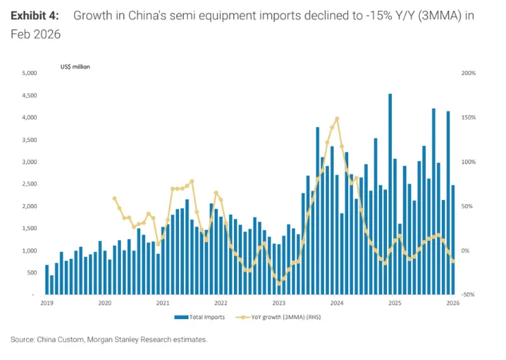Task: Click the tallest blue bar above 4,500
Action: click(390, 194)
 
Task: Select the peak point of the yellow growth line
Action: click(337, 119)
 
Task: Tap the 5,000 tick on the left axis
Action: click(29, 73)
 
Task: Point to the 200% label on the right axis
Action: click(468, 73)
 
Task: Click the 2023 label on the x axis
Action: click(279, 303)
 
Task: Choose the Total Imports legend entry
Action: click(200, 317)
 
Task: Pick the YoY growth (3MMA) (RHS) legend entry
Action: click(278, 317)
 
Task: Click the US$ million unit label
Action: click(75, 67)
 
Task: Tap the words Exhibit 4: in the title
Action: click(35, 16)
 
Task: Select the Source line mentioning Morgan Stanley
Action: click(109, 339)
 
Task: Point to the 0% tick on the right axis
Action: click(465, 251)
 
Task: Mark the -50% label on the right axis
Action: click(468, 295)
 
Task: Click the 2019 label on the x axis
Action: click(46, 303)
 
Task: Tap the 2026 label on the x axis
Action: click(453, 303)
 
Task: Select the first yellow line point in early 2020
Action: click(115, 198)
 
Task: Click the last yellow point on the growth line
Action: click(453, 261)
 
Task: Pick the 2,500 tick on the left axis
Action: click(29, 184)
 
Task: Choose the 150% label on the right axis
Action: click(468, 118)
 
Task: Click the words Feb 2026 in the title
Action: click(36, 34)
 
